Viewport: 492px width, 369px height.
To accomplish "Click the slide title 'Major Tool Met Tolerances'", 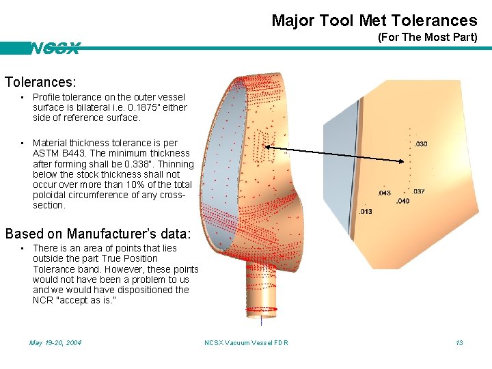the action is [x=374, y=20].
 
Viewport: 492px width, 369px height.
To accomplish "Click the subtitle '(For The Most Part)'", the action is [x=427, y=38].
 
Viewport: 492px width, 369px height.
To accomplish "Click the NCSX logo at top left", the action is [x=55, y=49].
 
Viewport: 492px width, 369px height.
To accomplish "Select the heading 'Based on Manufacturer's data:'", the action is [x=98, y=233].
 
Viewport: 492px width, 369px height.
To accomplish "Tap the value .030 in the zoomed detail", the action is [x=421, y=143].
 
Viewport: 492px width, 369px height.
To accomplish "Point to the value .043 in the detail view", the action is [x=384, y=193].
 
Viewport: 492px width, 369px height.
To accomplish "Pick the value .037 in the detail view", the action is [x=418, y=191].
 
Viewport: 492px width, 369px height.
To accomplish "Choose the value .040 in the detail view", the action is [x=402, y=201].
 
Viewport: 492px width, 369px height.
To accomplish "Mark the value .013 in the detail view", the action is [x=366, y=211].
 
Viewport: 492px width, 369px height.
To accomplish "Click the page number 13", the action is [x=459, y=342].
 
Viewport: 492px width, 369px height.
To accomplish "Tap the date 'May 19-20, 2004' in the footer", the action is [x=55, y=342].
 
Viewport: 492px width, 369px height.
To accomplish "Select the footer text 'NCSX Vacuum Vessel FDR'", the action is [x=246, y=342].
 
